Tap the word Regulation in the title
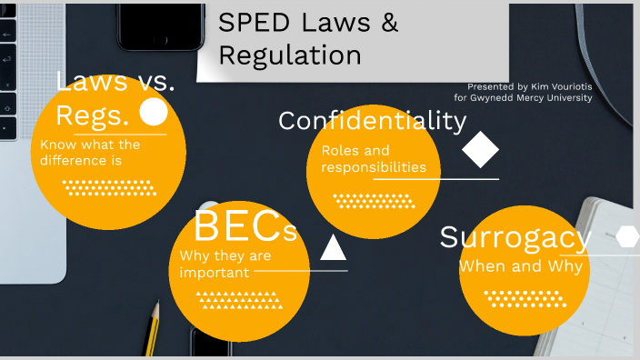290,55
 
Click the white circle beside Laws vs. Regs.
154,112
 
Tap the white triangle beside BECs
334,247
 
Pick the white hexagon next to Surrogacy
627,236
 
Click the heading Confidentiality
372,121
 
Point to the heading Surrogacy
515,237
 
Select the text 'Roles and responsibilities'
373,158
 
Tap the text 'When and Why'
520,267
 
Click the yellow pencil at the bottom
153,327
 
